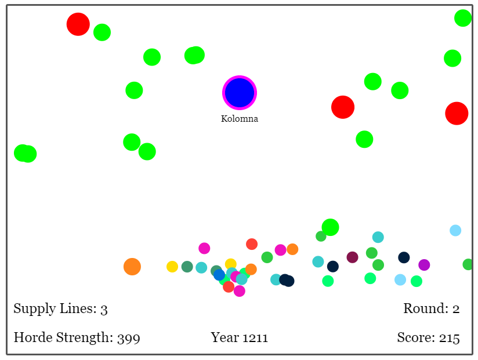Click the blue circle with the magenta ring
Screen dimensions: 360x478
pos(240,93)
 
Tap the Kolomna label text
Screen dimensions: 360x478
pos(240,119)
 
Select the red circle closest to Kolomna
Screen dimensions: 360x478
pos(343,107)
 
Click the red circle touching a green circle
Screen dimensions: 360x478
pos(78,24)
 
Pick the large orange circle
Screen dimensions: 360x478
pos(132,267)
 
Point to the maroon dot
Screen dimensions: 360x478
pos(353,257)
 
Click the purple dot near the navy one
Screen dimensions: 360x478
pos(424,265)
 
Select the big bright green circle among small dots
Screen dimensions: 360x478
pos(330,227)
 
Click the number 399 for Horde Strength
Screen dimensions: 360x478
pos(129,338)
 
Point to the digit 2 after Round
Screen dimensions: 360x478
pos(456,309)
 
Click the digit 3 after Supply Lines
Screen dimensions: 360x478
pos(104,309)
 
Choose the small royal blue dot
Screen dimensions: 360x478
pos(219,275)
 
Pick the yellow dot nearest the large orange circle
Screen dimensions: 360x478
pos(172,267)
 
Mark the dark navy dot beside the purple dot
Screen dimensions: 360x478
pos(404,257)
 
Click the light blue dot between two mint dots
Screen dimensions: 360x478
pos(400,280)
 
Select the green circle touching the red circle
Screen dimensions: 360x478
pos(102,32)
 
